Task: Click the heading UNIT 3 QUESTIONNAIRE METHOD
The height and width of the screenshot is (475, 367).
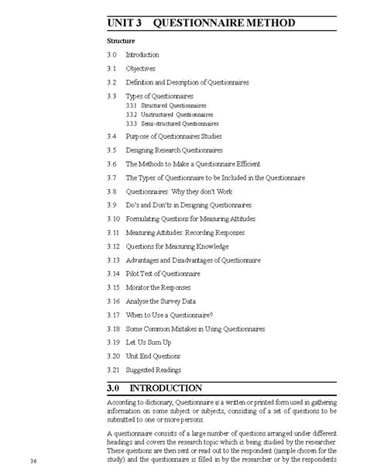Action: [x=201, y=23]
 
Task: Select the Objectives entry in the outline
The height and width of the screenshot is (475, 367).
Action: [x=141, y=68]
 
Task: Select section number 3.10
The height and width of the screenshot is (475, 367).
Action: [x=113, y=219]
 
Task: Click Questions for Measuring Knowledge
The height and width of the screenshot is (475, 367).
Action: [x=177, y=246]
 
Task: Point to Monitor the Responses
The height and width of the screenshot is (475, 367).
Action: [x=158, y=287]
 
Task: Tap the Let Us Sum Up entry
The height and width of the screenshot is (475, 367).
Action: [x=149, y=342]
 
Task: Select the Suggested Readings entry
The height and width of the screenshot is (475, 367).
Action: [x=153, y=370]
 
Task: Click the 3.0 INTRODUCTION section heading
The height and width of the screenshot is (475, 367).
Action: [x=166, y=387]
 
